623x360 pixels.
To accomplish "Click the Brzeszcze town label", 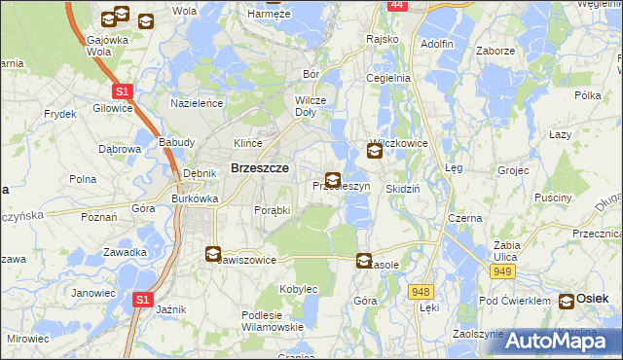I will pos(258,167).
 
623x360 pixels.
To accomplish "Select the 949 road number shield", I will pos(502,271).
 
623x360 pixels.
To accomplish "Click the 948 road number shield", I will pos(421,291).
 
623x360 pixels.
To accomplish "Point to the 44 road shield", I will pos(395,5).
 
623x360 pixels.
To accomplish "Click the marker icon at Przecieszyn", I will pos(333,180).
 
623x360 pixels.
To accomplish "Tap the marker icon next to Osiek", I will pos(567,302).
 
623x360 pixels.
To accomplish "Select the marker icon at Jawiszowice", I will pos(212,254).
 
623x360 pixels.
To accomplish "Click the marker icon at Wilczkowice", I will pos(375,151).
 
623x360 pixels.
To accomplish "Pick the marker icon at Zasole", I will pos(364,261).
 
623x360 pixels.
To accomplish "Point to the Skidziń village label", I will pos(402,189).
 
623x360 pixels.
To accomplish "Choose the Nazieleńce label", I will pos(198,102).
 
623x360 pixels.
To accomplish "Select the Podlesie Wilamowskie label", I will pos(273,320).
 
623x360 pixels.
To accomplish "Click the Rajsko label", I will pos(383,39).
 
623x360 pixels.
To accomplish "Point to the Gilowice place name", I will pos(113,108).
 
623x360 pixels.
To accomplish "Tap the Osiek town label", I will pos(593,300).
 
